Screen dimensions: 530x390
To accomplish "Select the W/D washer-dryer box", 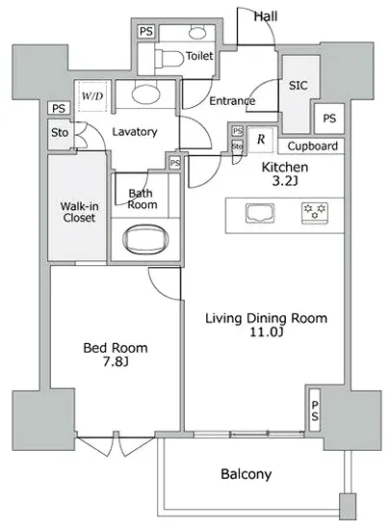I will click(x=92, y=96).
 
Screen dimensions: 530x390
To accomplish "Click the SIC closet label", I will click(x=298, y=85).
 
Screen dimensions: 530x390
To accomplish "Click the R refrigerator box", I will click(x=260, y=139).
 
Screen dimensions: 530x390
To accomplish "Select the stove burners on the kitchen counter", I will click(x=315, y=213).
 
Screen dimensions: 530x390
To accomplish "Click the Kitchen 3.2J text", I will click(x=284, y=172).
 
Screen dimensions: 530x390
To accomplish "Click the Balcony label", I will click(x=247, y=474).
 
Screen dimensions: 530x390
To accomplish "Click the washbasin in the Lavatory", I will click(x=146, y=94).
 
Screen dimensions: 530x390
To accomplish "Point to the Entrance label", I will click(x=232, y=100).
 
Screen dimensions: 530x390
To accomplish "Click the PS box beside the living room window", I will click(x=315, y=409).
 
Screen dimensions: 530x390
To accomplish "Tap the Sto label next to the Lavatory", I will click(x=60, y=133).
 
